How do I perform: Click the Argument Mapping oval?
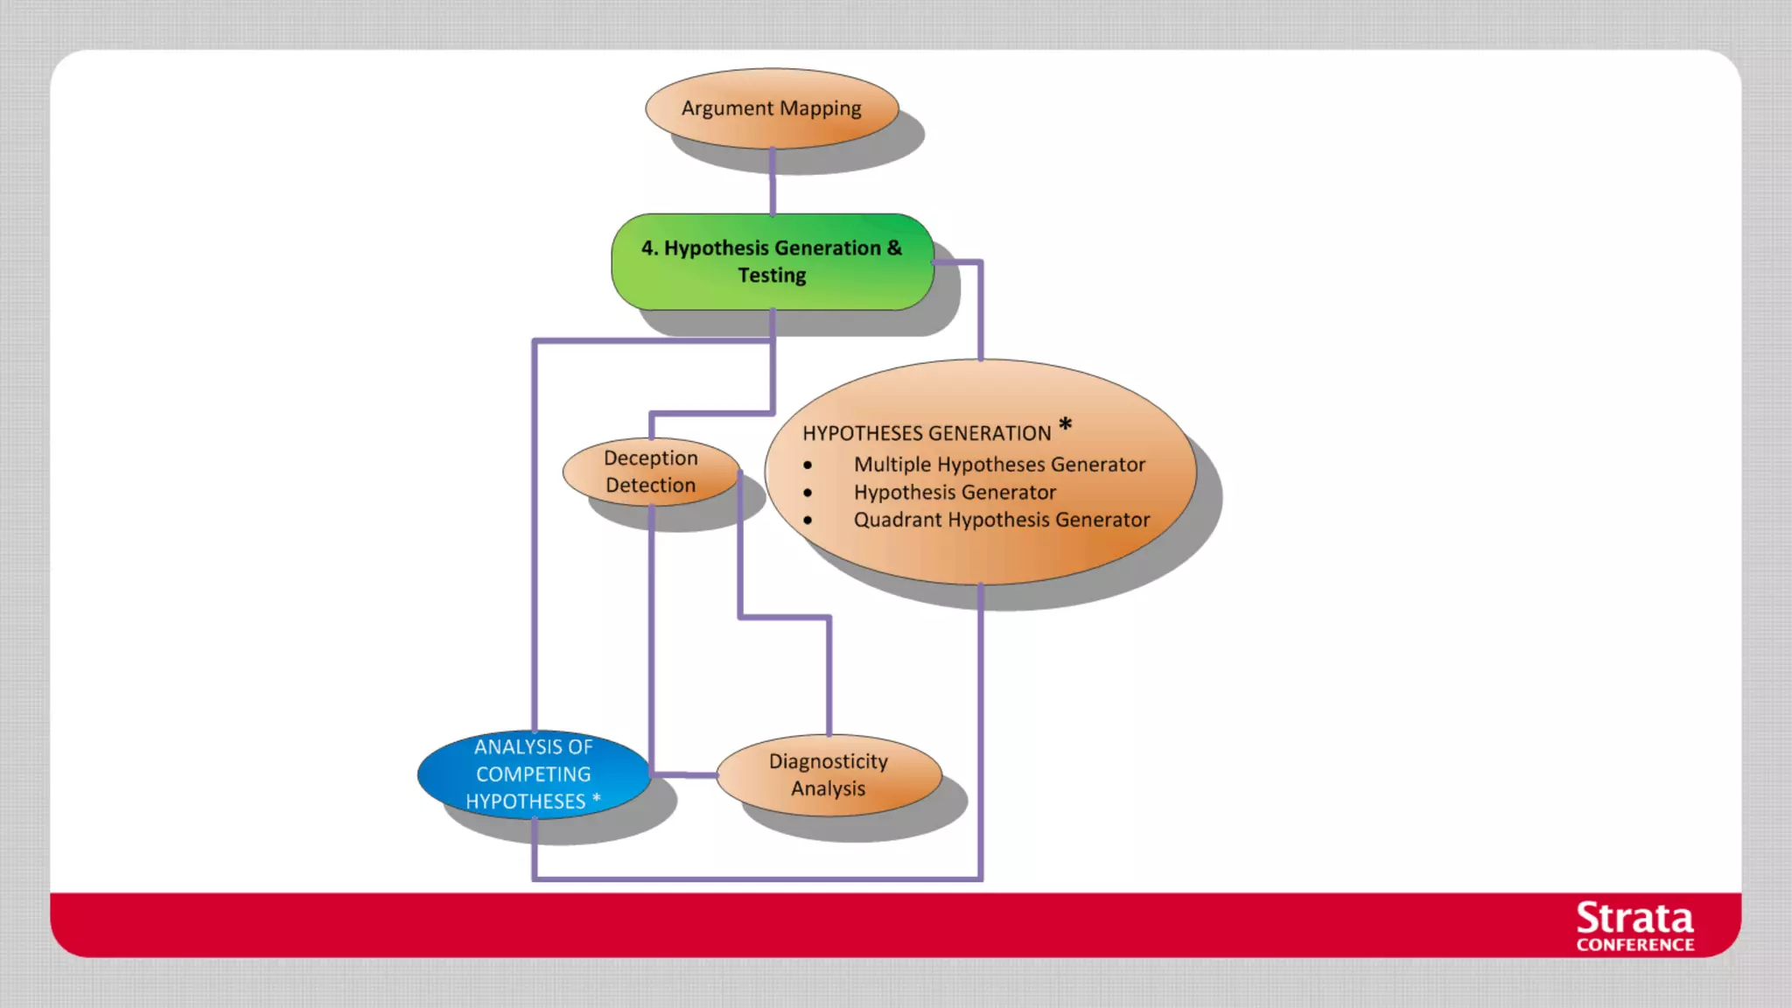tap(772, 108)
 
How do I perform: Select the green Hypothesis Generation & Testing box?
tap(772, 262)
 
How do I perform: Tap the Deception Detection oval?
tap(651, 472)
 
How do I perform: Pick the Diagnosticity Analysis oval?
tap(829, 775)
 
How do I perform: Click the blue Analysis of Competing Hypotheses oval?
tap(534, 774)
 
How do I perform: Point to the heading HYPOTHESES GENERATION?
tap(927, 433)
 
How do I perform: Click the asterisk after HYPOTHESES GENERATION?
tap(1065, 425)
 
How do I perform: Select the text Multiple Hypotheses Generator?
tap(999, 465)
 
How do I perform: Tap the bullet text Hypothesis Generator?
tap(955, 493)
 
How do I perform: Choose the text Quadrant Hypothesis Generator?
tap(1002, 520)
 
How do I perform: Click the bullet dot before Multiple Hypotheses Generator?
tap(808, 465)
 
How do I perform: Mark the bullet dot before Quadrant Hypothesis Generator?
tap(808, 521)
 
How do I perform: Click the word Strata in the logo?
tap(1634, 919)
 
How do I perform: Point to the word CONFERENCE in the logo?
tap(1634, 945)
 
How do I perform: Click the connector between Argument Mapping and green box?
tap(773, 182)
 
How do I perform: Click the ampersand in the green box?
tap(894, 248)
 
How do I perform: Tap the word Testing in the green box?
tap(772, 276)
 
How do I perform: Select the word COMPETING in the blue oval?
tap(534, 774)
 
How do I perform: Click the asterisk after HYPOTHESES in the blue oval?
tap(597, 799)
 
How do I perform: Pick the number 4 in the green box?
tap(647, 248)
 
